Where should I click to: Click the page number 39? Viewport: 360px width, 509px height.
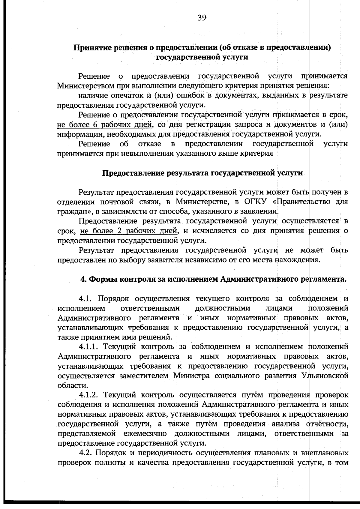click(202, 18)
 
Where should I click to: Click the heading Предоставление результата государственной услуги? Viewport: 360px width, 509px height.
click(202, 173)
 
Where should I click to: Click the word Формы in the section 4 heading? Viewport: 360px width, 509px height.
click(103, 280)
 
